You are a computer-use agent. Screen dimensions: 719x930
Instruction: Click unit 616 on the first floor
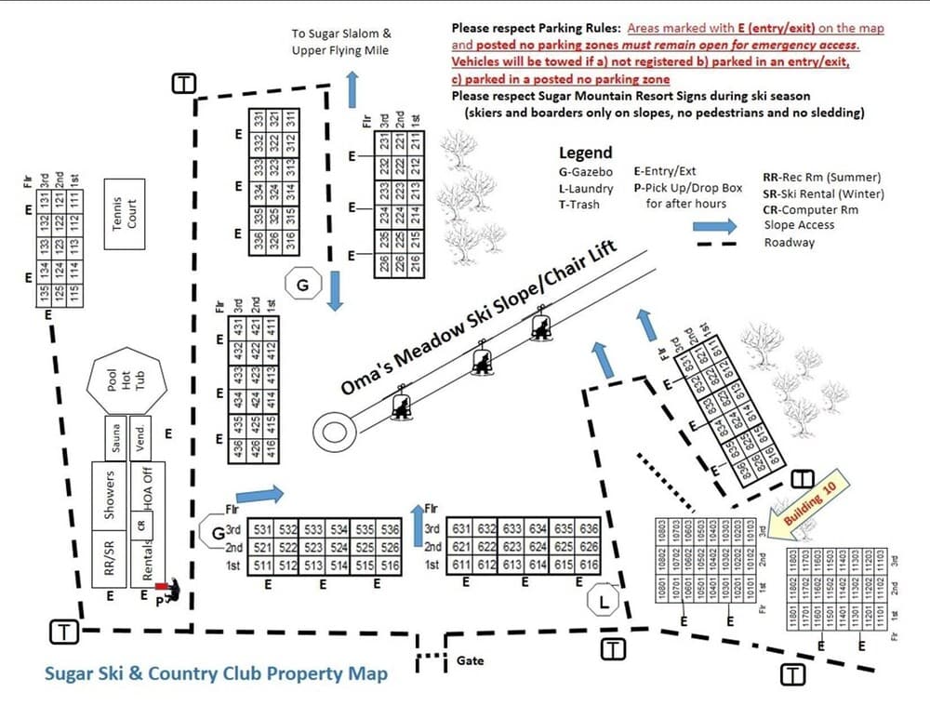[589, 565]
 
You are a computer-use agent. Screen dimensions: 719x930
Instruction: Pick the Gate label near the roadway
[471, 661]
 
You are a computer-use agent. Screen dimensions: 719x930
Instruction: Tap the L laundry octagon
[604, 603]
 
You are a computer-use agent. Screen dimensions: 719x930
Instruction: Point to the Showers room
[110, 494]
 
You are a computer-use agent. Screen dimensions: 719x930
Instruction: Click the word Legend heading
[585, 153]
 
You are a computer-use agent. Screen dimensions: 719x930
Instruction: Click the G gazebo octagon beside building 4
[303, 285]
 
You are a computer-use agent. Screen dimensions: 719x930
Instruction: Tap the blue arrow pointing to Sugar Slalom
[352, 91]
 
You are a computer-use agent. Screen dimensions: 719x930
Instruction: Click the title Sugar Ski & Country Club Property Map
[216, 673]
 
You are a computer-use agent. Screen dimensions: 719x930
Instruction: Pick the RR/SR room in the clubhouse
[110, 554]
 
